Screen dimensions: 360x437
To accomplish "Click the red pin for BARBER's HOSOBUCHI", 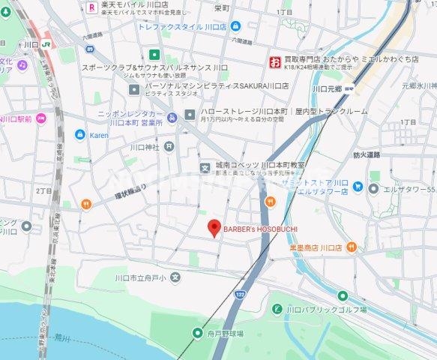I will (213, 227).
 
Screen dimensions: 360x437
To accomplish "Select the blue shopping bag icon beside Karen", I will (79, 135).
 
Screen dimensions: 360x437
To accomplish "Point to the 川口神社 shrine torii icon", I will (169, 147).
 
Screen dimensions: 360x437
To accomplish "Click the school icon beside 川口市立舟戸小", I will (175, 277).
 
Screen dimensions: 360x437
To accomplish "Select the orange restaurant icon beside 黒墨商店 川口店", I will (352, 247).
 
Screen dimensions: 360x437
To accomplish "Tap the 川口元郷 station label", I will (328, 88).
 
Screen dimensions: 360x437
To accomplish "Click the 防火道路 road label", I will (367, 154).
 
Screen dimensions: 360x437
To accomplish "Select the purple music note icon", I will (22, 66).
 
